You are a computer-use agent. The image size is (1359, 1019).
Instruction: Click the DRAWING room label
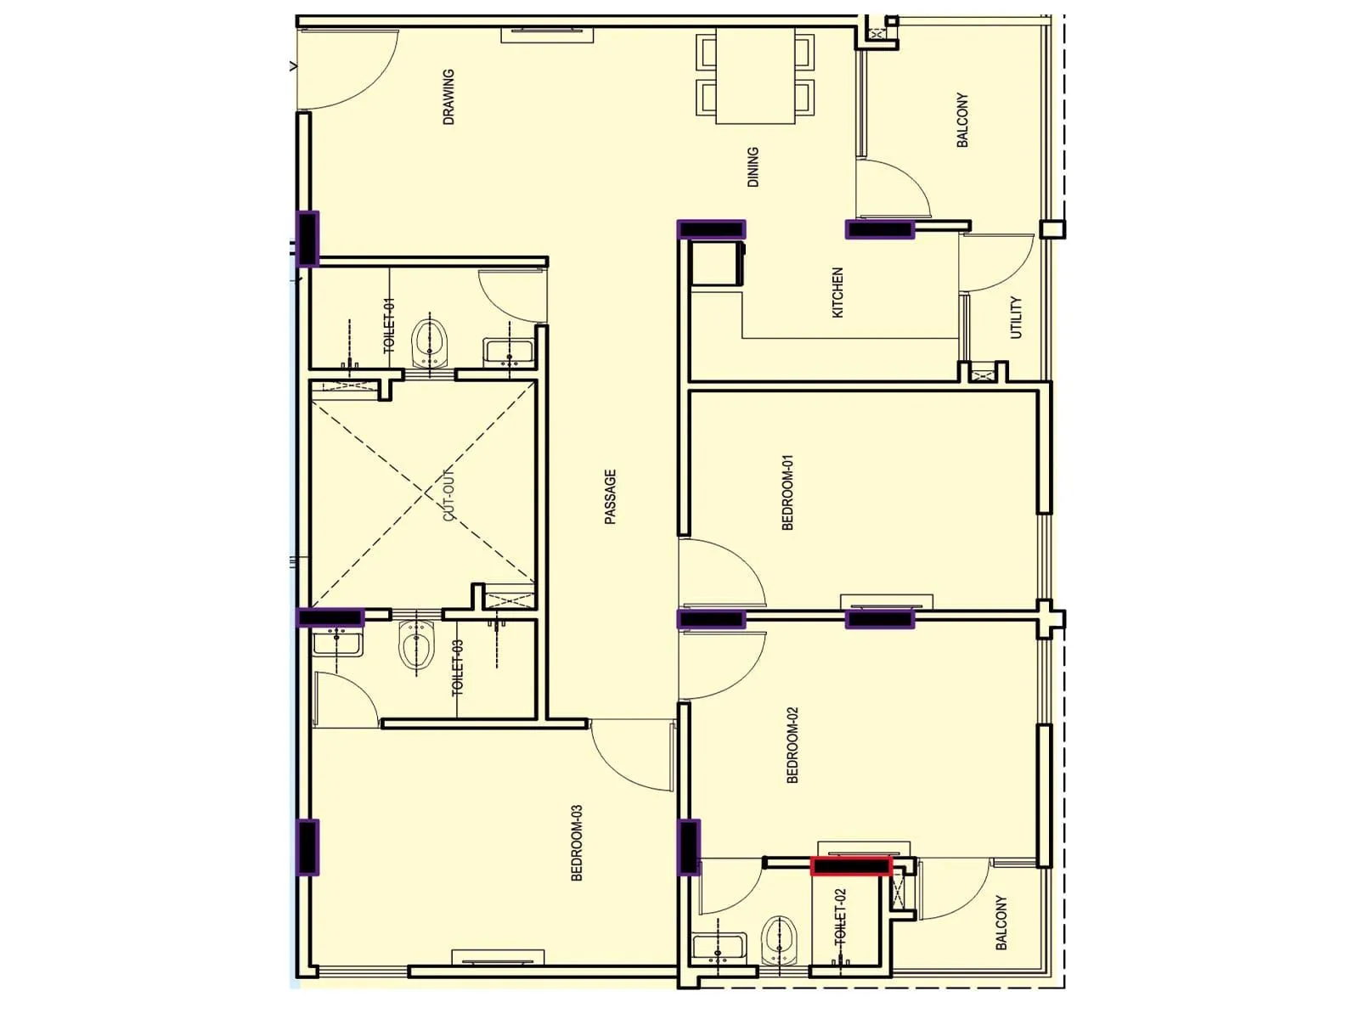(448, 97)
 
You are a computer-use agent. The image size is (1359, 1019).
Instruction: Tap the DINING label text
(753, 166)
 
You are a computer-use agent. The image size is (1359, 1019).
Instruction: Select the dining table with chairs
(755, 75)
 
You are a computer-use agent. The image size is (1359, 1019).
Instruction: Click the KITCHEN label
(837, 293)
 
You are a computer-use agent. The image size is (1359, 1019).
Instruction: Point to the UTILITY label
(1016, 318)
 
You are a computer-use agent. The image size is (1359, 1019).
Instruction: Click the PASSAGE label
(610, 497)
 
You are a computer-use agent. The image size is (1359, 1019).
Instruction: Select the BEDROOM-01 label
(787, 493)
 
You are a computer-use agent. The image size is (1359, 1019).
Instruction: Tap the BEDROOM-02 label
(792, 745)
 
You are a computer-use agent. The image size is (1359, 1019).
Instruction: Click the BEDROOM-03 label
(577, 843)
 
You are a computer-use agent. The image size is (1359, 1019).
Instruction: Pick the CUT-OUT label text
(448, 494)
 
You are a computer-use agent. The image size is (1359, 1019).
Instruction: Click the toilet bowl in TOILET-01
(430, 343)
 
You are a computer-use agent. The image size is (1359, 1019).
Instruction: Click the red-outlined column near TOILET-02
(851, 866)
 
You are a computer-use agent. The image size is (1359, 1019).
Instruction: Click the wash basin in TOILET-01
(509, 352)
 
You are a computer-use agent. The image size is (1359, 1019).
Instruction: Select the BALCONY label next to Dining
(962, 120)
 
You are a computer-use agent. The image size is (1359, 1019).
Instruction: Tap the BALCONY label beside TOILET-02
(1001, 922)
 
